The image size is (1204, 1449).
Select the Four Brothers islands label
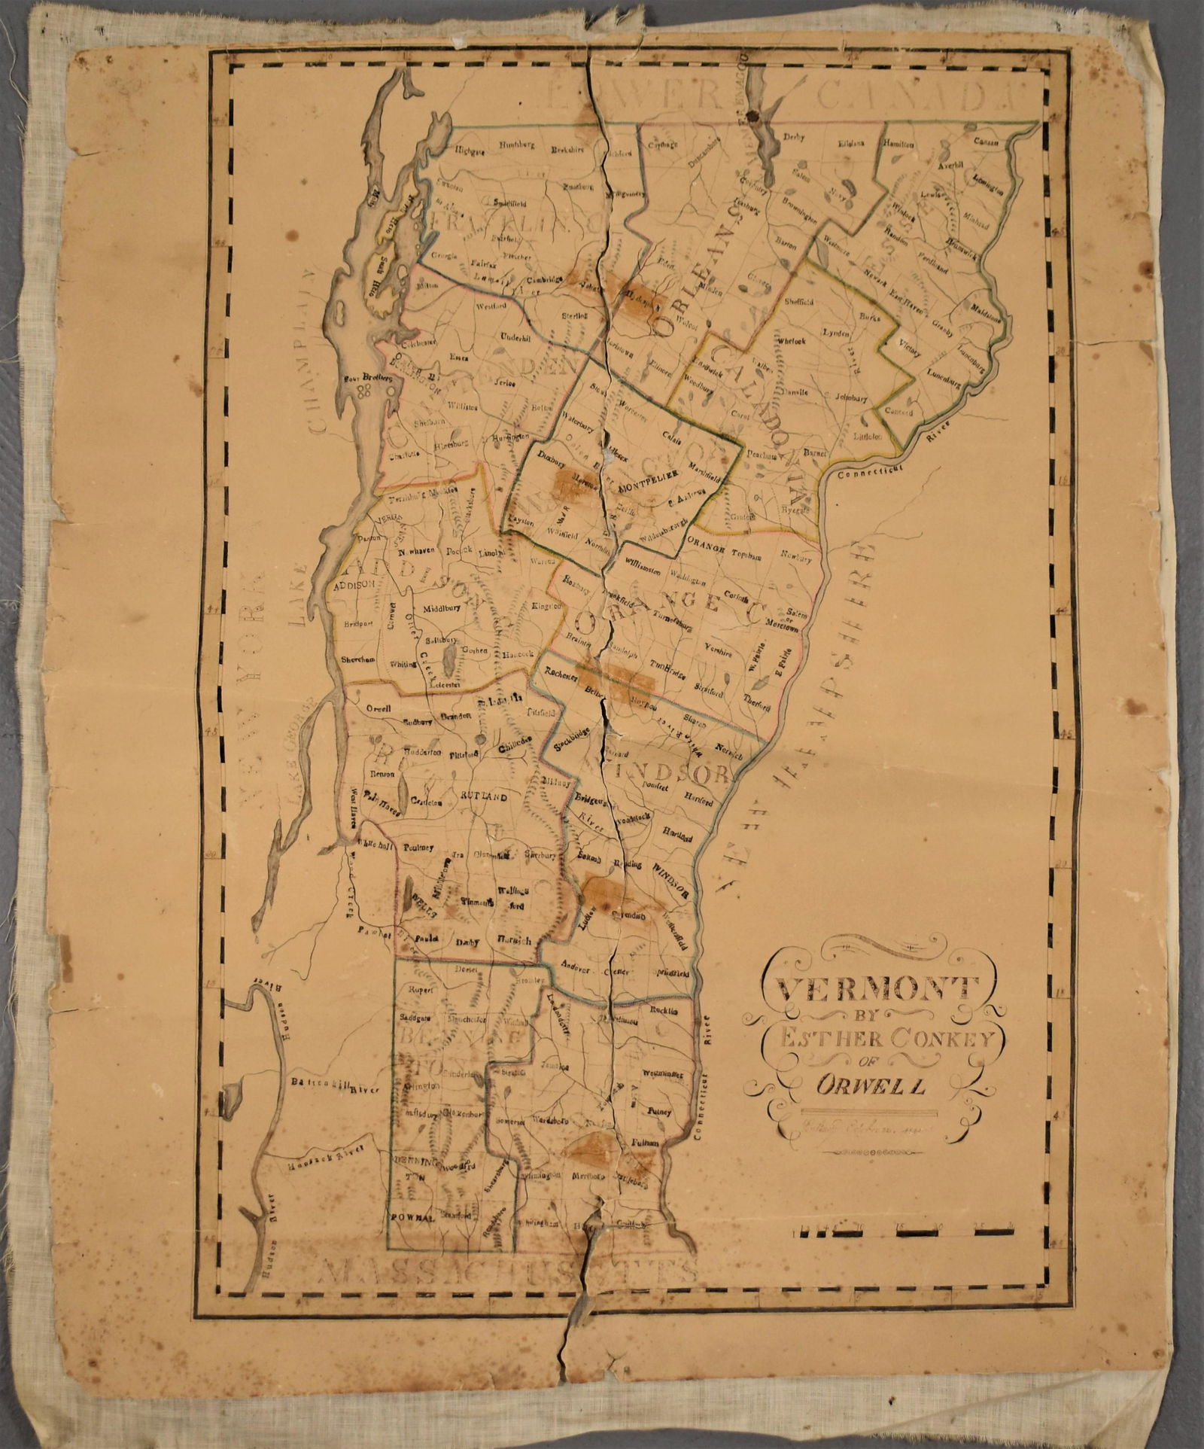tap(368, 379)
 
